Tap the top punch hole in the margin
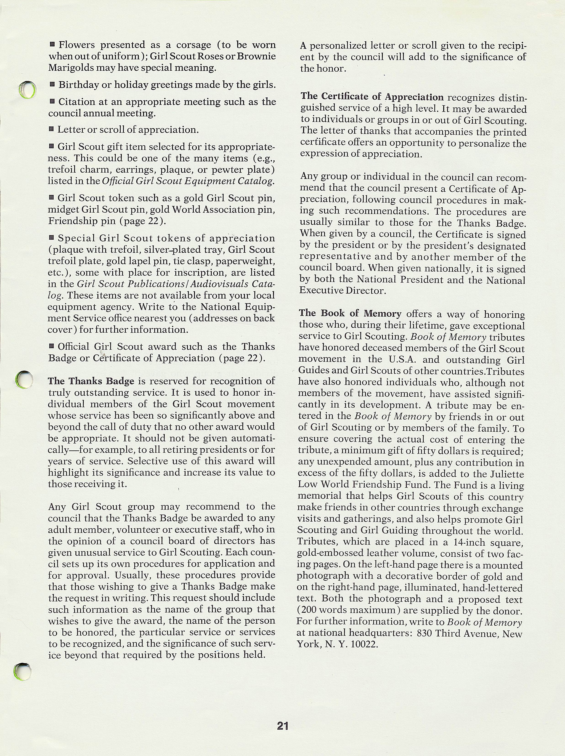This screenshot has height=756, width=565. pos(27,90)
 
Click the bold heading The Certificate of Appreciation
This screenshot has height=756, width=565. pos(372,97)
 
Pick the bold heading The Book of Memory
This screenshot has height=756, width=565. pos(350,313)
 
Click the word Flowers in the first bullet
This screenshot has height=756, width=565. pos(77,45)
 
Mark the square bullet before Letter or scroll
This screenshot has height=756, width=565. pos(51,129)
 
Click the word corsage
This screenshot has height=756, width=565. pos(193,45)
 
